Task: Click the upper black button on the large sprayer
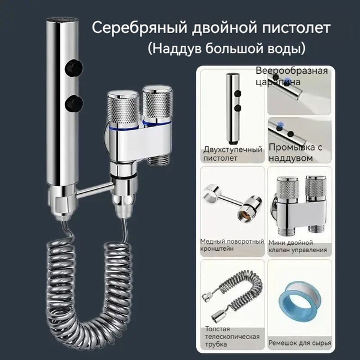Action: [74, 67]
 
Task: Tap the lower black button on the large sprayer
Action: [74, 103]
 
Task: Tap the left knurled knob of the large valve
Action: [123, 109]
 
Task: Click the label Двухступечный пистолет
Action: [233, 154]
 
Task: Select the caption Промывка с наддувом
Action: [295, 152]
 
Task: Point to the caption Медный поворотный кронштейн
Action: [232, 245]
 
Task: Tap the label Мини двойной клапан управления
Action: [298, 247]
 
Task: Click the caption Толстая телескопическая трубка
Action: [232, 337]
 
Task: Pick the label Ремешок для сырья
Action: [300, 343]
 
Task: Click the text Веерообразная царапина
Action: [292, 76]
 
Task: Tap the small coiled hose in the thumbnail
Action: [232, 296]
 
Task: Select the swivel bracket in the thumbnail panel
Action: [232, 202]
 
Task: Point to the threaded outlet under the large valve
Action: [158, 158]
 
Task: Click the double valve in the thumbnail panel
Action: [299, 205]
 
